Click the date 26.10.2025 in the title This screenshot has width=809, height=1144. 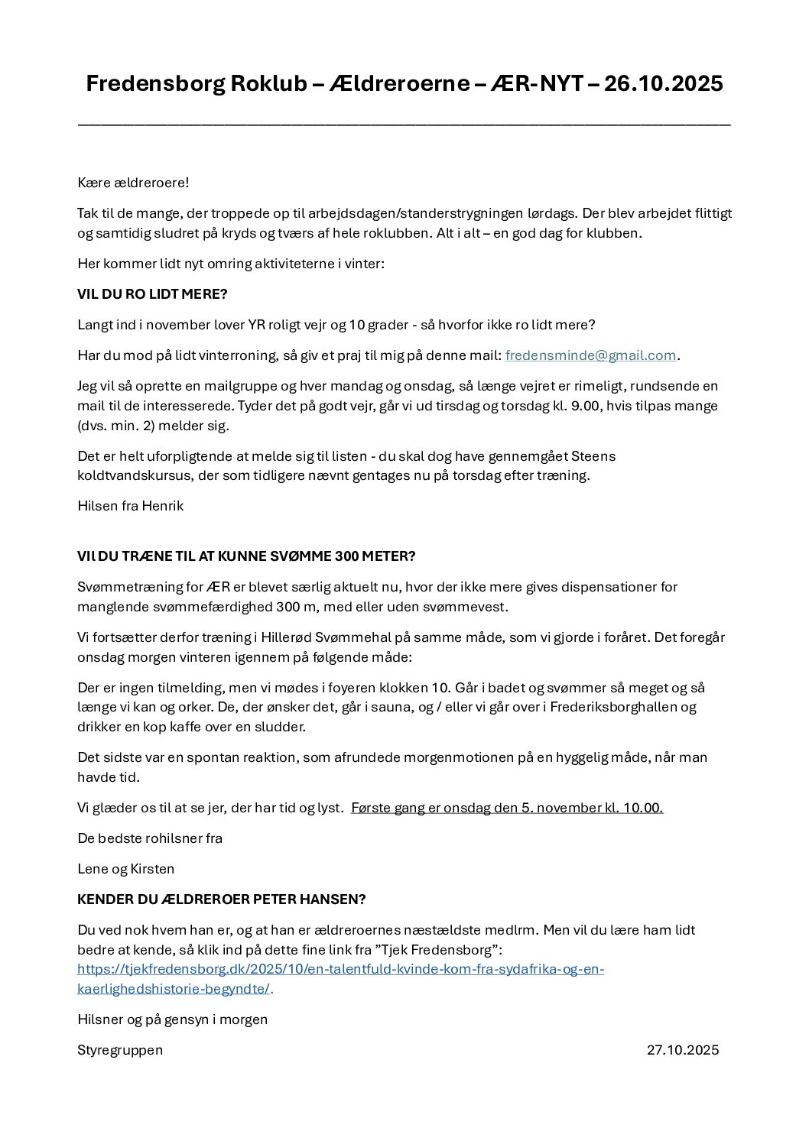[x=663, y=83]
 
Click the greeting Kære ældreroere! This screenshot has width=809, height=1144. [x=133, y=183]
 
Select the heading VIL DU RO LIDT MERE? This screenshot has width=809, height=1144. [x=152, y=294]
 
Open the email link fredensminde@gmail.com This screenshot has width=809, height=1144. [x=590, y=355]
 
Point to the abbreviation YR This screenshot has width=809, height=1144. [x=257, y=325]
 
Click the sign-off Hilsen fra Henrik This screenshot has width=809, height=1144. [x=131, y=506]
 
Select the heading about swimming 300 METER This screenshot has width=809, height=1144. [x=246, y=556]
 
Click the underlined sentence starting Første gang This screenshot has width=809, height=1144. [x=507, y=808]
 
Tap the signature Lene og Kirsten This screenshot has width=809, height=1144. [x=126, y=869]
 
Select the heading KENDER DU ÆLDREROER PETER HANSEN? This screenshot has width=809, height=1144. [x=222, y=899]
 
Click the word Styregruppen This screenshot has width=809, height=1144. [x=120, y=1050]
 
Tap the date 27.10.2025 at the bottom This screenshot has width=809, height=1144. [x=683, y=1050]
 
